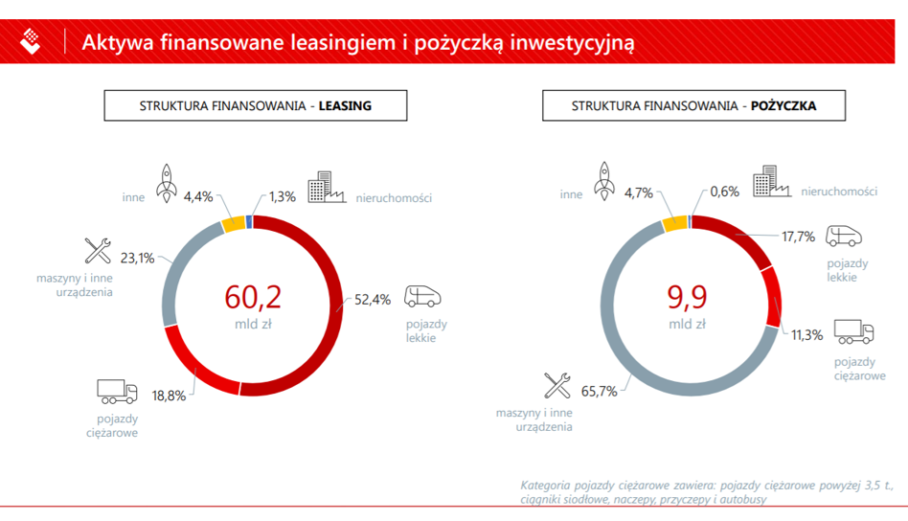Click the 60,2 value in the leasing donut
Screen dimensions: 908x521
coord(253,297)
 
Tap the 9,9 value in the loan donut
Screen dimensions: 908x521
coord(688,297)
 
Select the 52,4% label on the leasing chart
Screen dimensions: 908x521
coord(373,300)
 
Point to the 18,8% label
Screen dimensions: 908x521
coord(169,396)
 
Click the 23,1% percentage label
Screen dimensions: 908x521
coord(137,259)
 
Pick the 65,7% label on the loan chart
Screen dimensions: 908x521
coord(599,392)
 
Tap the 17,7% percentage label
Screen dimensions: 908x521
coord(798,237)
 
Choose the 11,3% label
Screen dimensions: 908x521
coord(806,335)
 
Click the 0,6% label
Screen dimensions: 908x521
coord(724,192)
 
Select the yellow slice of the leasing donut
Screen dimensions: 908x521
coord(234,223)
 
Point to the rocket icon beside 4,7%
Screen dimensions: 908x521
coord(604,181)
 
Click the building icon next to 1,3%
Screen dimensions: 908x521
coord(327,187)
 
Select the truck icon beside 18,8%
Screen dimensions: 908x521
coord(117,392)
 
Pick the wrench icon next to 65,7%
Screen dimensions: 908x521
coord(557,386)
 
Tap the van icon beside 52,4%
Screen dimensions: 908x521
coord(422,296)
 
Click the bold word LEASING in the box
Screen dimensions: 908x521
coord(345,106)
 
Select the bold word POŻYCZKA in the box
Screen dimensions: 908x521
coord(783,106)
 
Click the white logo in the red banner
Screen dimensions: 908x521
coord(30,41)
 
